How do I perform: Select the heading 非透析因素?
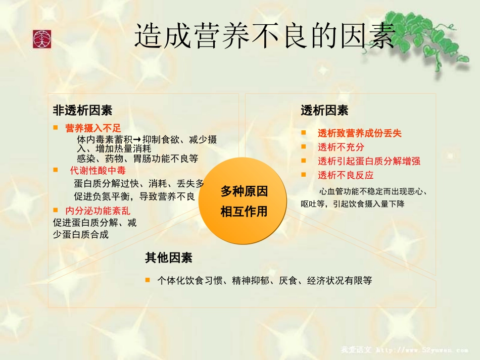click(82, 110)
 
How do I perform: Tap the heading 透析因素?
click(324, 110)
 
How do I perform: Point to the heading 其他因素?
click(169, 258)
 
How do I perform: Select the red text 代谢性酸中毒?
click(98, 170)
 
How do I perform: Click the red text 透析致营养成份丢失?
click(360, 133)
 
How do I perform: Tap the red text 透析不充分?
click(341, 147)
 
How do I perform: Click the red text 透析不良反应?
click(346, 175)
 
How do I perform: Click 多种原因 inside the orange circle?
click(244, 192)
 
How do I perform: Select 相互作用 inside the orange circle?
click(244, 212)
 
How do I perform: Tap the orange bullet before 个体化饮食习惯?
click(148, 279)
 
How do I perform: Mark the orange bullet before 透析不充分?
click(304, 147)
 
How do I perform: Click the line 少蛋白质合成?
click(81, 234)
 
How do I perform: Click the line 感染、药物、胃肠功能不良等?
click(137, 159)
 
